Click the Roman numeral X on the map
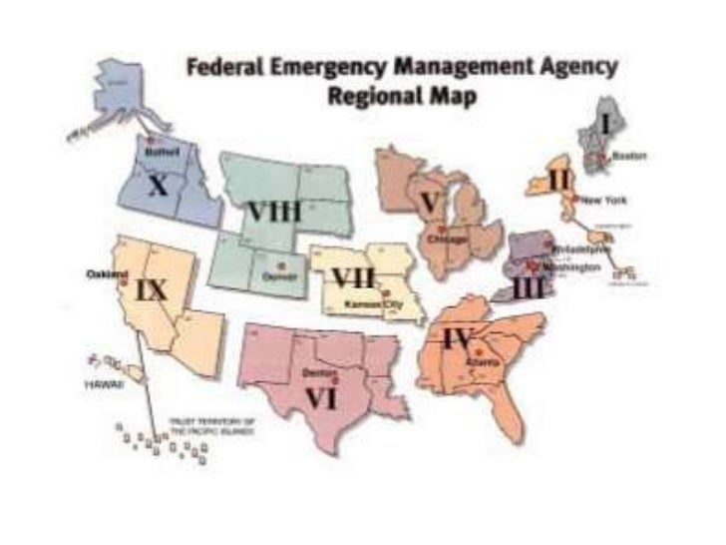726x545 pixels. (x=157, y=186)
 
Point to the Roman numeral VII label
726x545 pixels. (x=353, y=277)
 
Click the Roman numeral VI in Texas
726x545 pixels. (x=320, y=397)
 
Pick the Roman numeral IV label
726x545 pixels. (x=457, y=338)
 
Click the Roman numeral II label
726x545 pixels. (x=559, y=181)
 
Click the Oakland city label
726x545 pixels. (x=107, y=273)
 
